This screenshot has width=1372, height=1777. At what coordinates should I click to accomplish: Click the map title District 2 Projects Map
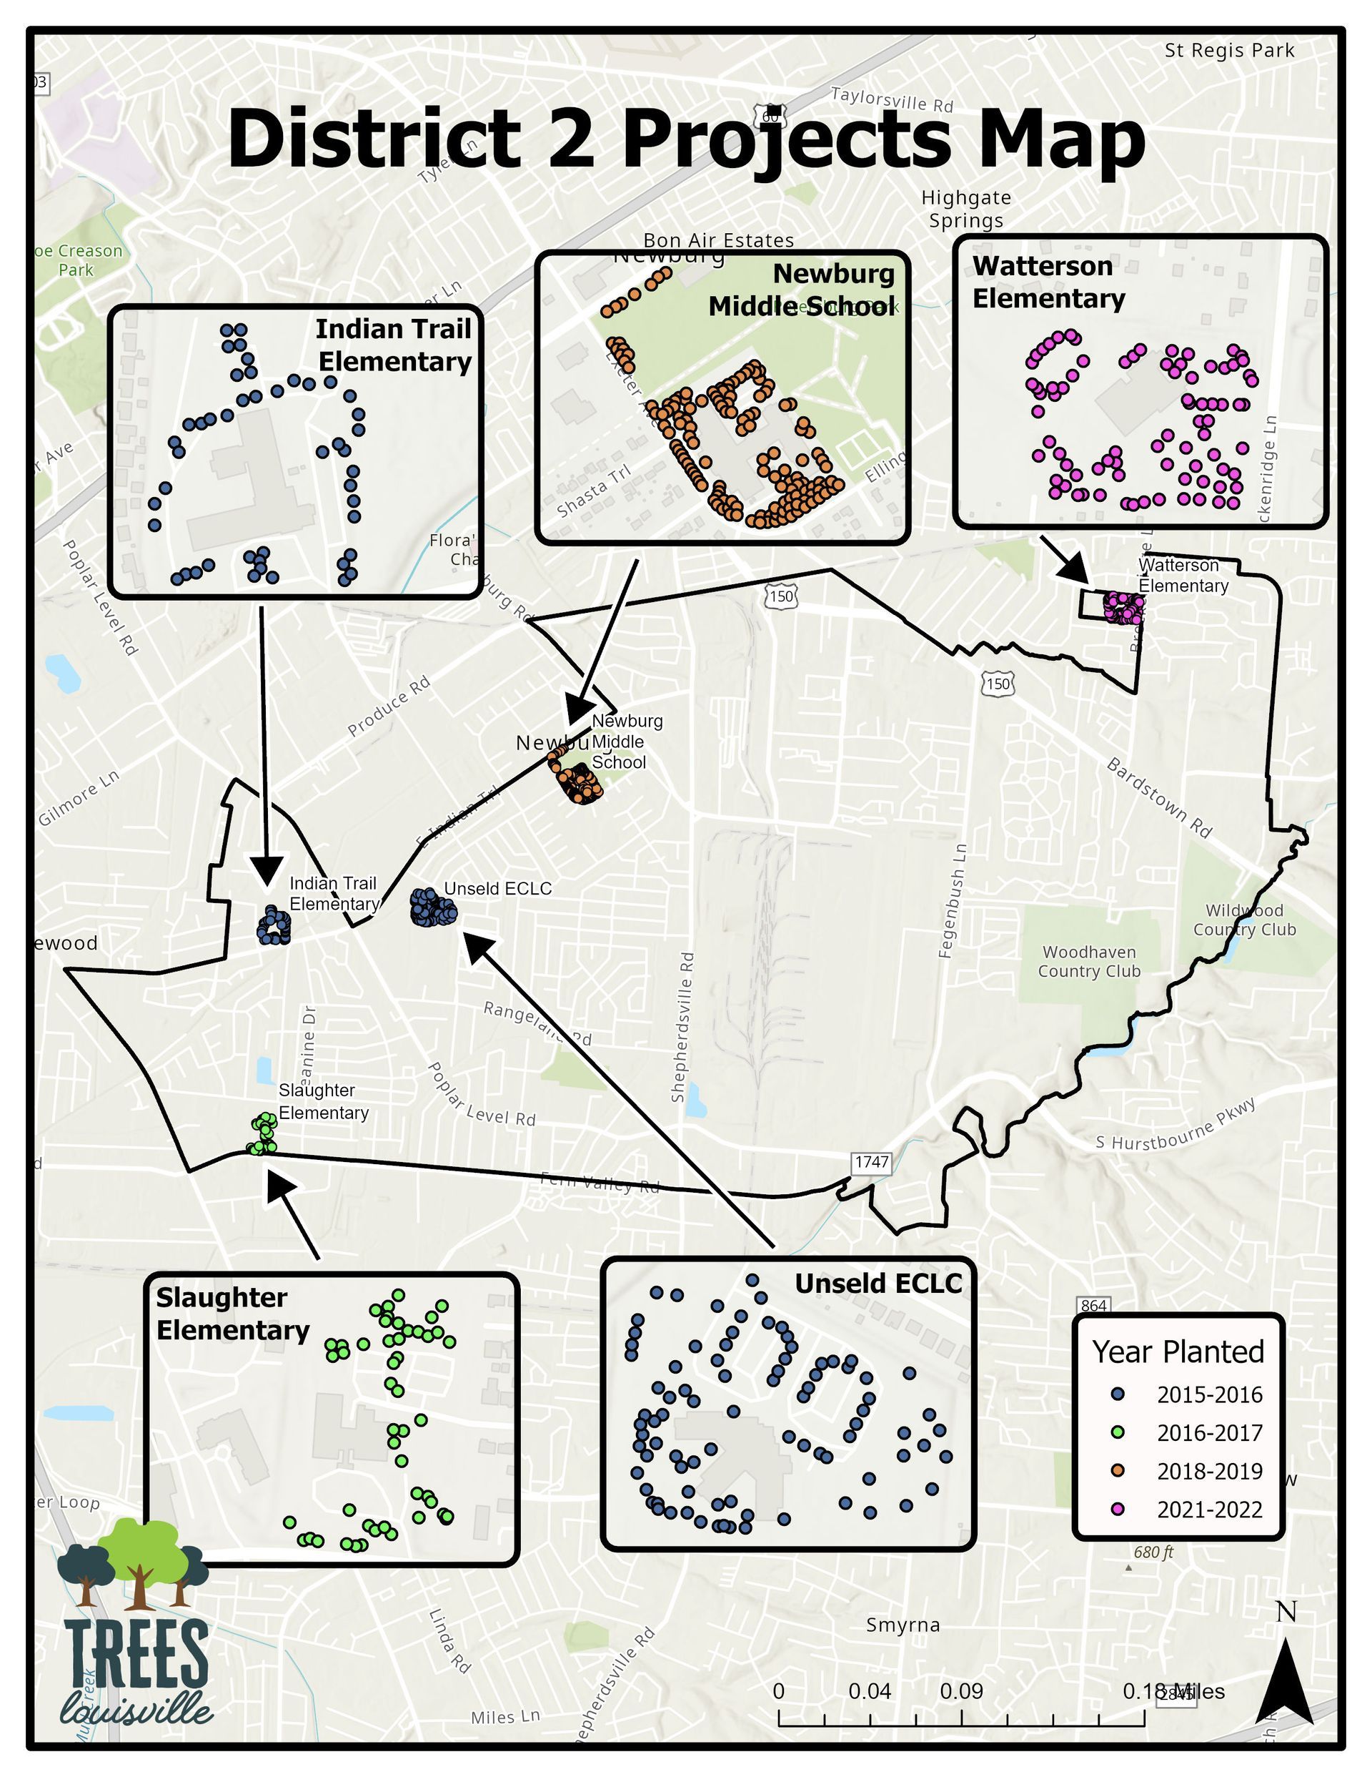click(x=685, y=139)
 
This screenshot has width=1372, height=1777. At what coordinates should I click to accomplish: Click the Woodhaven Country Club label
click(x=1089, y=961)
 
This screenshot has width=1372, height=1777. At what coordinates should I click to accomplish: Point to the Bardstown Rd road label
click(x=1159, y=798)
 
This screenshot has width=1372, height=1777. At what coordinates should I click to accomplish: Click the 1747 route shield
click(x=871, y=1162)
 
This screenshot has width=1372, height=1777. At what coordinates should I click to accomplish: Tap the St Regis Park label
click(x=1229, y=51)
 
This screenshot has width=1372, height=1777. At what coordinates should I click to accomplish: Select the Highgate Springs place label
click(x=966, y=209)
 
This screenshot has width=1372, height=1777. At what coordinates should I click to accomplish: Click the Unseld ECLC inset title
click(x=878, y=1284)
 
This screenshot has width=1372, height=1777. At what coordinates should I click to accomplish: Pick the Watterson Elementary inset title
click(x=1048, y=282)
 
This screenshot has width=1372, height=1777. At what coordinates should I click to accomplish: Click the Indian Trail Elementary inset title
click(x=394, y=345)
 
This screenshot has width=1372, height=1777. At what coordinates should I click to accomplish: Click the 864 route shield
click(x=1094, y=1305)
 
